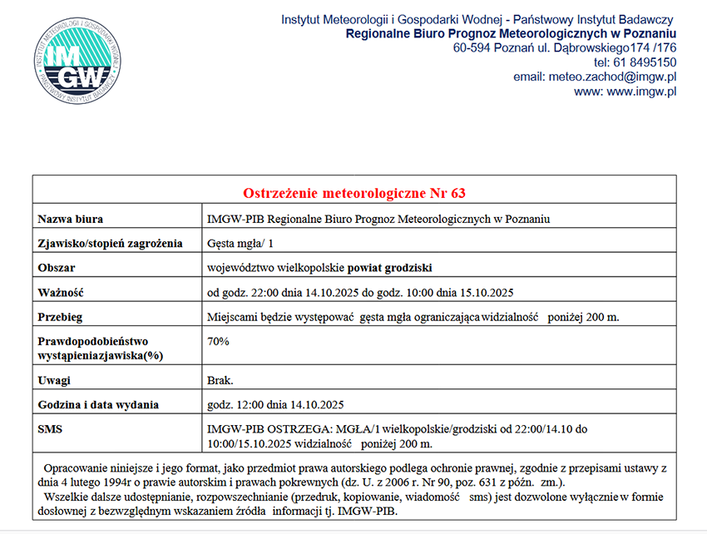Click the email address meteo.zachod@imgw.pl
pyautogui.click(x=611, y=77)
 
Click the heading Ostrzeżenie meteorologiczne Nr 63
pyautogui.click(x=354, y=193)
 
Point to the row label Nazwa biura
pyautogui.click(x=71, y=220)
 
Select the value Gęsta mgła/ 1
pyautogui.click(x=240, y=244)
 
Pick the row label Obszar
pyautogui.click(x=57, y=268)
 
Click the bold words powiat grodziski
pyautogui.click(x=390, y=268)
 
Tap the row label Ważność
pyautogui.click(x=62, y=292)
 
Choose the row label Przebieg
pyautogui.click(x=61, y=317)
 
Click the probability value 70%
pyautogui.click(x=218, y=341)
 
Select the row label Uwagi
pyautogui.click(x=54, y=380)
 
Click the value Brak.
pyautogui.click(x=220, y=380)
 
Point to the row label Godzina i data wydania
pyautogui.click(x=98, y=405)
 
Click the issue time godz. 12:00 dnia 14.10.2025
pyautogui.click(x=275, y=405)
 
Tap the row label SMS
pyautogui.click(x=50, y=429)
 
